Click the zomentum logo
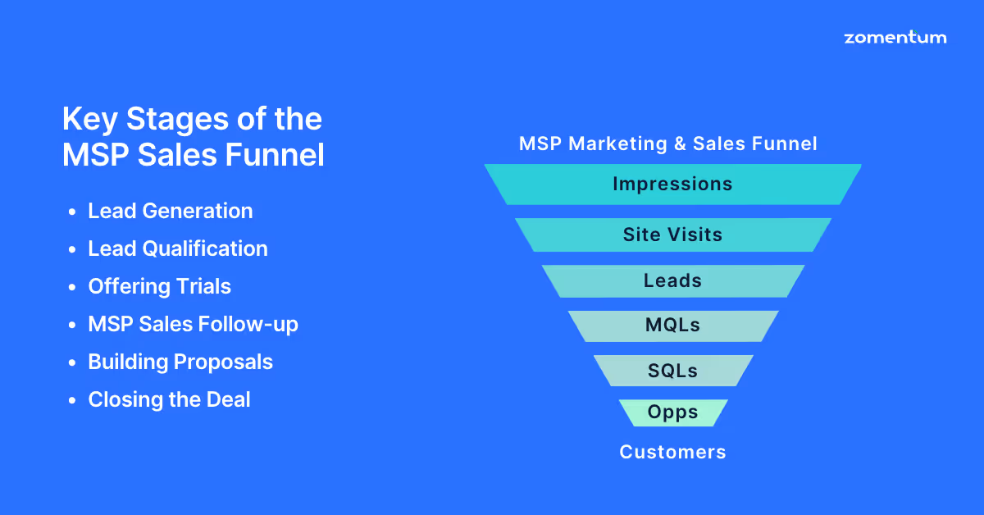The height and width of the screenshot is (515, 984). click(x=895, y=38)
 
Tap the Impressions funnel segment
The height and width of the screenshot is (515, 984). click(x=672, y=184)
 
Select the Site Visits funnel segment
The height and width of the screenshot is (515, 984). click(x=672, y=235)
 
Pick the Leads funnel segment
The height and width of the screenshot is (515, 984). click(x=672, y=280)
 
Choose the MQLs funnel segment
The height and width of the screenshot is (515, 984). click(x=672, y=326)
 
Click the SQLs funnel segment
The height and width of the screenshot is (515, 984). click(x=672, y=371)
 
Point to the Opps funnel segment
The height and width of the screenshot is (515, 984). click(x=672, y=412)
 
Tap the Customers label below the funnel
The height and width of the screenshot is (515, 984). click(x=672, y=452)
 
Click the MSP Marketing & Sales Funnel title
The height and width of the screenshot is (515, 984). click(x=668, y=144)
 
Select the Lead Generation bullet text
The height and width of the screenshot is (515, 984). click(x=171, y=211)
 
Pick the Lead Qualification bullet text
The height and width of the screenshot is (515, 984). click(x=178, y=248)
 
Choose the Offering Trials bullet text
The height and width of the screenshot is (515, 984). click(x=160, y=286)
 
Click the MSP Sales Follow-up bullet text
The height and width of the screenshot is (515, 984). click(x=194, y=324)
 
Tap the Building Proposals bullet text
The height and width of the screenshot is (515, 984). click(x=180, y=362)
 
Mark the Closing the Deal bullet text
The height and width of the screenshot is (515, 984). click(x=170, y=399)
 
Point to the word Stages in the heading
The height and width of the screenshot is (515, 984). click(x=165, y=120)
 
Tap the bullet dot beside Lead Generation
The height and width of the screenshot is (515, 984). click(x=73, y=212)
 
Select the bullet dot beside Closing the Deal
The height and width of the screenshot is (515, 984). click(x=73, y=401)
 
